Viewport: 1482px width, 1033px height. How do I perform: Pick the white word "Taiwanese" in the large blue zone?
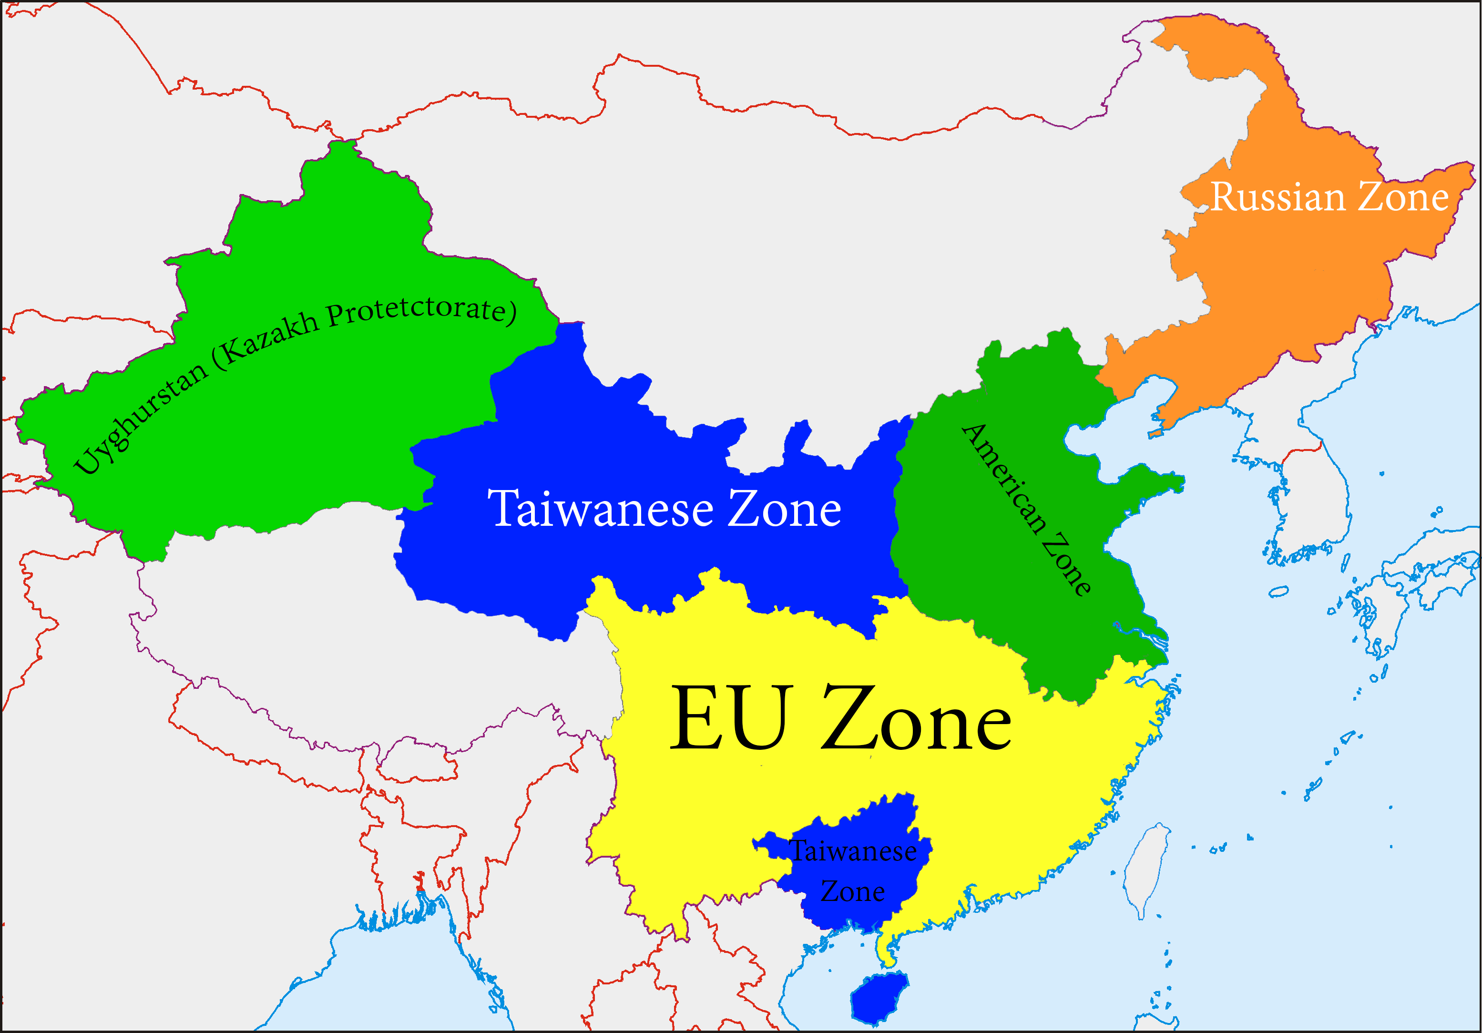coord(600,510)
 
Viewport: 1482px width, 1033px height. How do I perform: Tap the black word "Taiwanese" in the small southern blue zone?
coord(853,851)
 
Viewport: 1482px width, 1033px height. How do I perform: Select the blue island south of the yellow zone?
coord(878,998)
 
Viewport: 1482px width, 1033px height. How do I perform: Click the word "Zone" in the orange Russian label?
coord(1404,196)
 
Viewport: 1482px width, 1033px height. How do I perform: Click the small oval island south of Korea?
coord(1278,591)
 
